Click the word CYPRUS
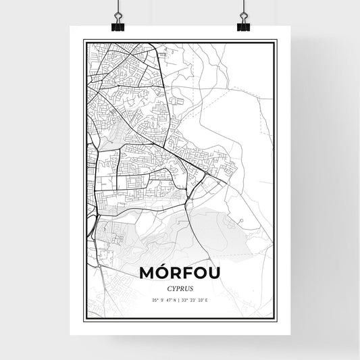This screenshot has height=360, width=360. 180,286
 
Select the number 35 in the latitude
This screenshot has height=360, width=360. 154,300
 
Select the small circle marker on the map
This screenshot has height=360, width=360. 240,220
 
